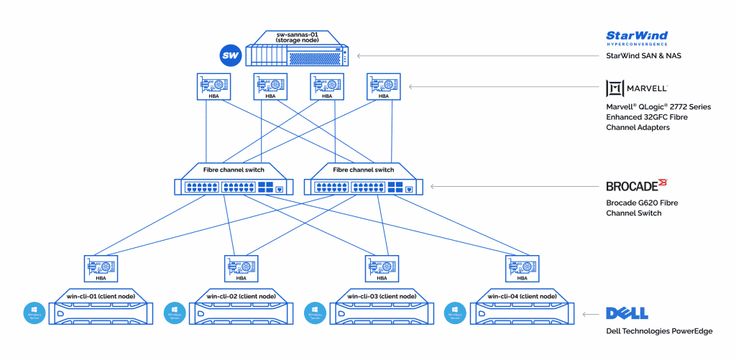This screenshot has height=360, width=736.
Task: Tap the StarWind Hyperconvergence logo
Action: click(637, 37)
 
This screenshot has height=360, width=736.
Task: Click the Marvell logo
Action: click(637, 88)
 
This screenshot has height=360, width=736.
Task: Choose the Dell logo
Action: click(627, 313)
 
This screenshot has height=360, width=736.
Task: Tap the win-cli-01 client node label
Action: click(100, 296)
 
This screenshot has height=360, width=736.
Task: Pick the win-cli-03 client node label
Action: click(382, 296)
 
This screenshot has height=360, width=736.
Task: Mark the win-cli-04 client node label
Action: click(522, 296)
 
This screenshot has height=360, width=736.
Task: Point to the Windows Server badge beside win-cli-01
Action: click(33, 313)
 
